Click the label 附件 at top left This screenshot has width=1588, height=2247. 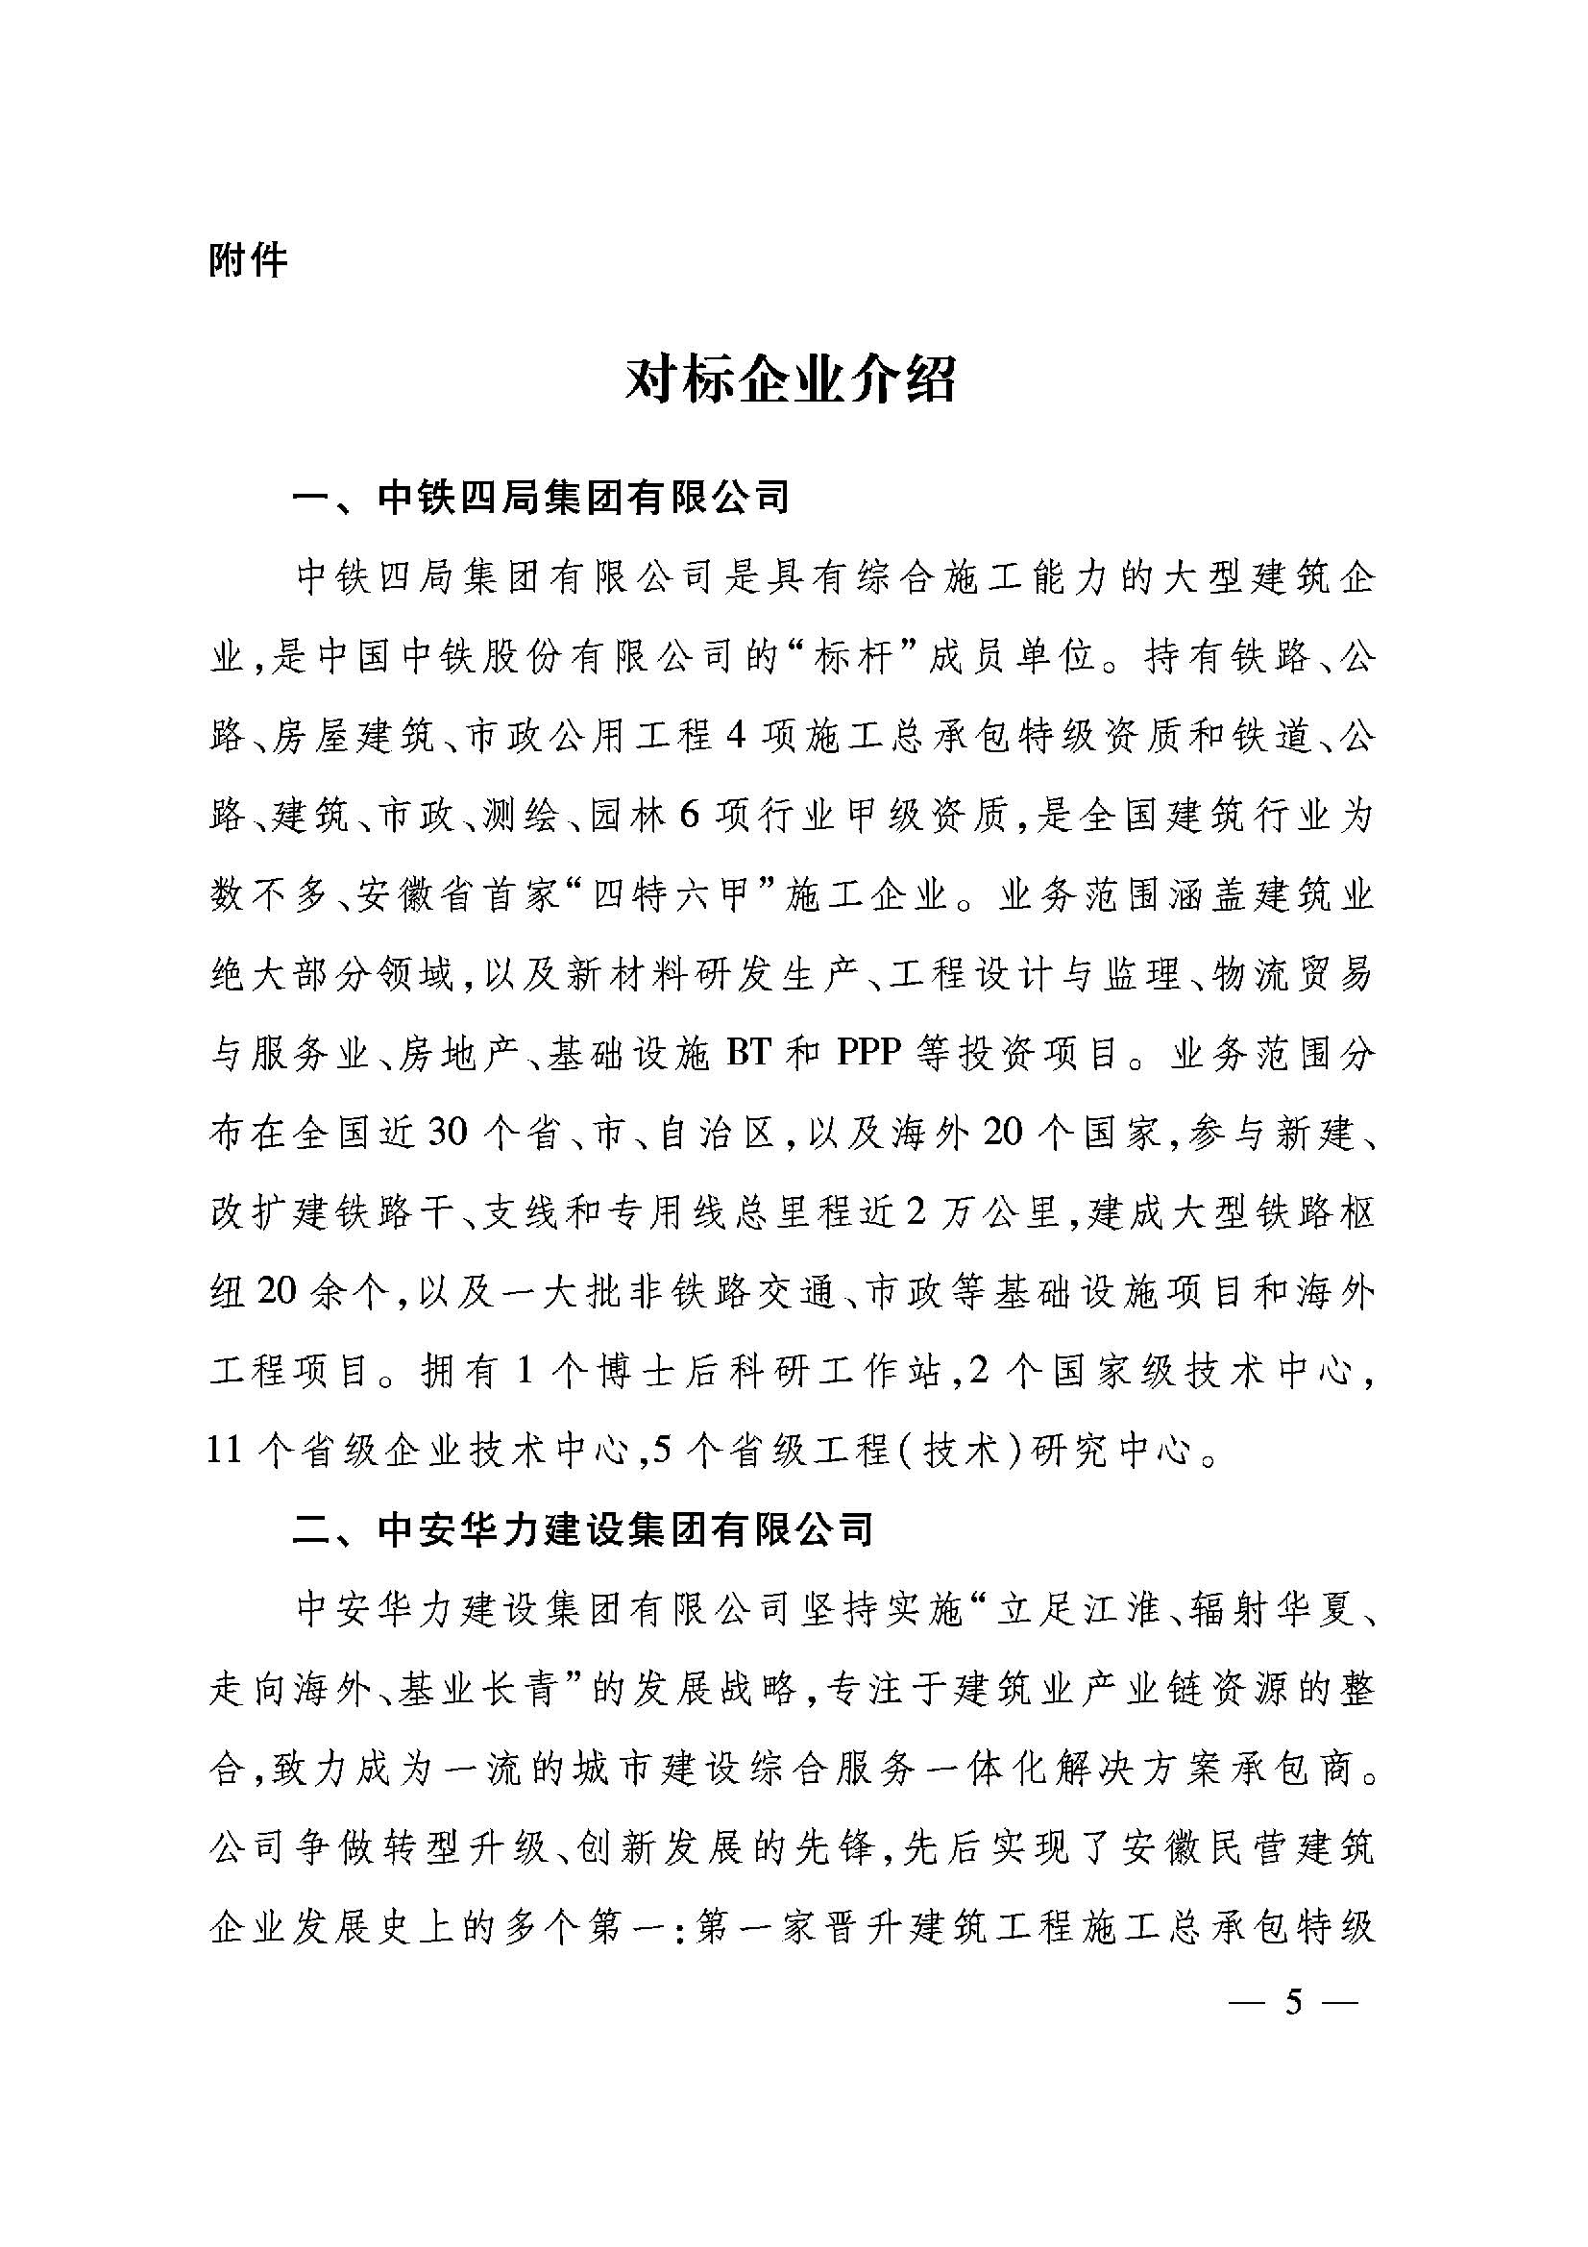248,261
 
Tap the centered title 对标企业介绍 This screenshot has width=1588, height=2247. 792,381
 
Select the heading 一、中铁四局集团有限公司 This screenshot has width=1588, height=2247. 541,500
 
